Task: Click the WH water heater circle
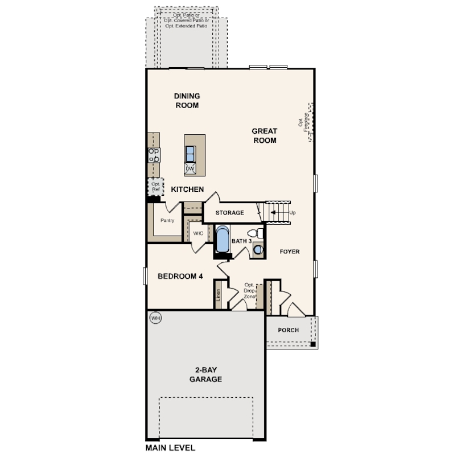pyautogui.click(x=155, y=318)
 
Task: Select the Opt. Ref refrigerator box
pyautogui.click(x=155, y=187)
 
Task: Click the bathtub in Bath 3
pyautogui.click(x=223, y=239)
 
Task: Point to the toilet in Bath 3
pyautogui.click(x=256, y=233)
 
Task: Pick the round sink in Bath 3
pyautogui.click(x=258, y=250)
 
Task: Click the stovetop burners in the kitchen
pyautogui.click(x=154, y=155)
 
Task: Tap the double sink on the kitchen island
pyautogui.click(x=190, y=154)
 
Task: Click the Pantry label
pyautogui.click(x=167, y=220)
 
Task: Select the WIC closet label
pyautogui.click(x=198, y=233)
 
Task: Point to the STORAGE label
pyautogui.click(x=229, y=212)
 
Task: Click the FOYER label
pyautogui.click(x=290, y=252)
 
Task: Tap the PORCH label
pyautogui.click(x=288, y=330)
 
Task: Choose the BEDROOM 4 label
pyautogui.click(x=180, y=277)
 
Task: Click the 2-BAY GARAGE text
pyautogui.click(x=205, y=374)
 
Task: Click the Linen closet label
pyautogui.click(x=218, y=295)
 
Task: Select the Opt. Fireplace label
pyautogui.click(x=303, y=122)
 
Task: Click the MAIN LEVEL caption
pyautogui.click(x=170, y=448)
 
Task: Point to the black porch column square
pyautogui.click(x=313, y=344)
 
